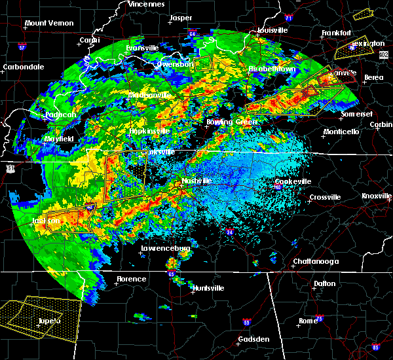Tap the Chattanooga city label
[315, 261]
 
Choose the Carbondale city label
[23, 67]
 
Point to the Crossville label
[325, 197]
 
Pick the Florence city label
[132, 279]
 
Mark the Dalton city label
[324, 283]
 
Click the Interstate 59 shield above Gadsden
[246, 322]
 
